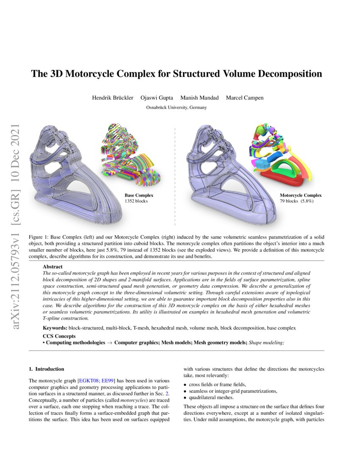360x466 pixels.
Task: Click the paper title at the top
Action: click(x=176, y=74)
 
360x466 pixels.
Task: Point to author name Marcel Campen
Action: click(x=245, y=98)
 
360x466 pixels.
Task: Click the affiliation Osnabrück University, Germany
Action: click(x=176, y=108)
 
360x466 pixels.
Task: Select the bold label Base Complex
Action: click(x=139, y=195)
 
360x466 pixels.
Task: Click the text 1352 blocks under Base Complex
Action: click(x=136, y=201)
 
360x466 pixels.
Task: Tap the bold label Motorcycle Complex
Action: click(x=301, y=195)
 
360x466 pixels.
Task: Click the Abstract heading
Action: click(x=53, y=267)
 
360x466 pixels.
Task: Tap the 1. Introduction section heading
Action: click(x=46, y=369)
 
